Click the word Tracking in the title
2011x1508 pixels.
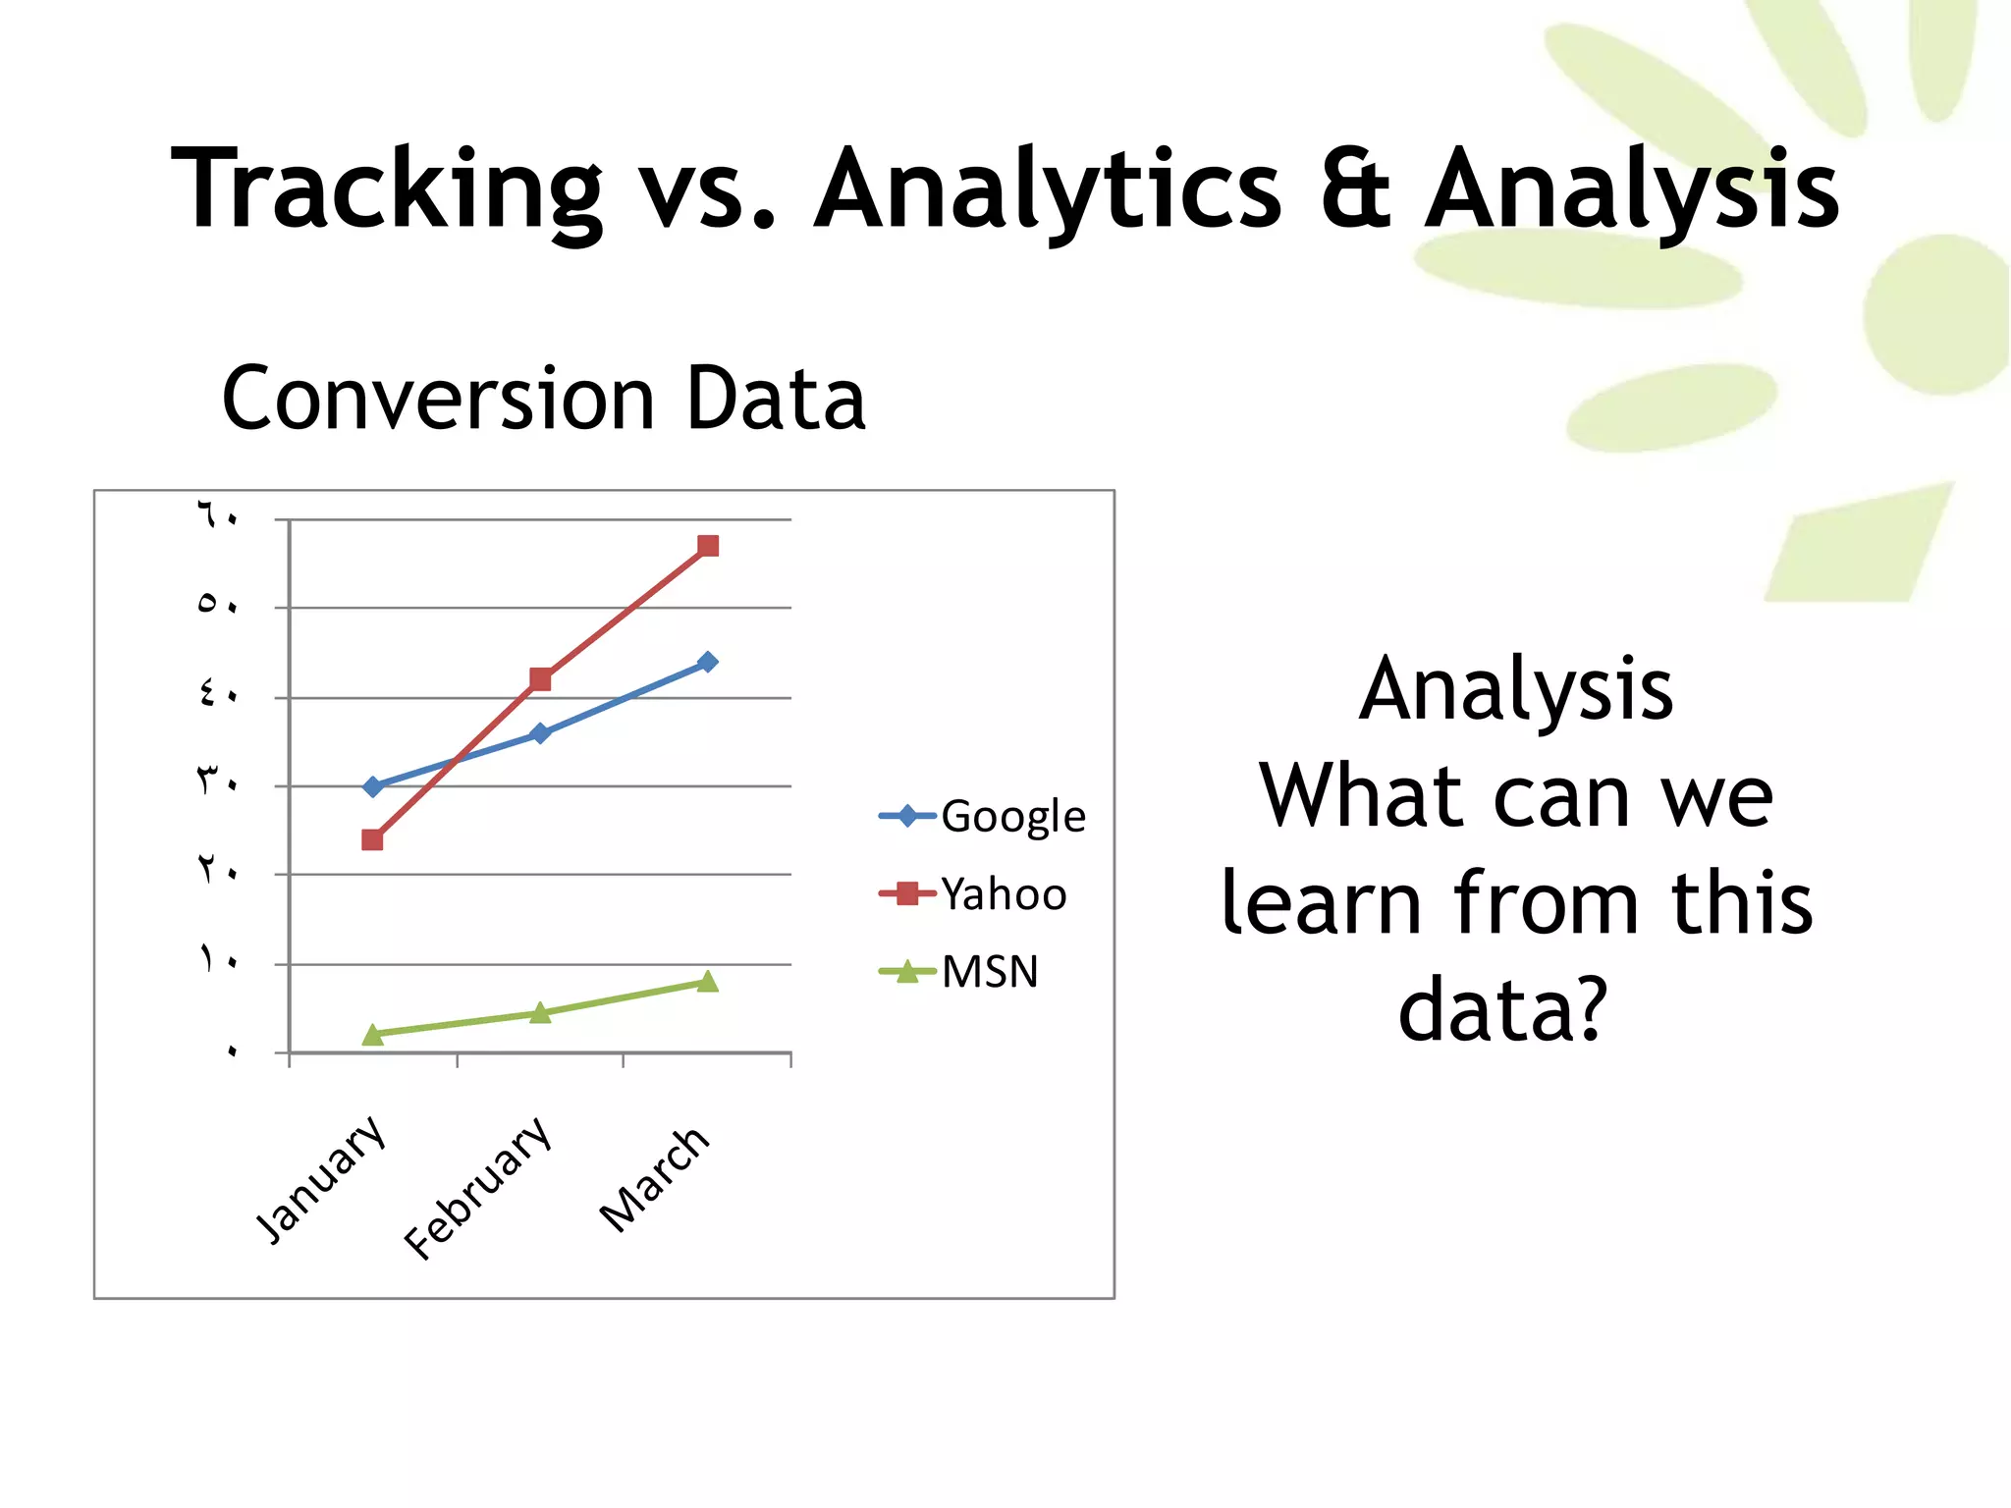tap(386, 188)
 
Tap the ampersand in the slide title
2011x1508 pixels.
tap(1355, 188)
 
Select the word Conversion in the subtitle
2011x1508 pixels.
tap(438, 399)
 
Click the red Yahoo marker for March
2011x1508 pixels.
tap(708, 546)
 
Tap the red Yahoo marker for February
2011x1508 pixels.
tap(540, 679)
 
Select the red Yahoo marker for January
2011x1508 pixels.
tap(372, 839)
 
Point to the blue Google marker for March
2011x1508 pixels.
tap(707, 662)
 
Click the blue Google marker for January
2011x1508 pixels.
tap(372, 786)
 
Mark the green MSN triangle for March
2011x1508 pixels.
tap(707, 982)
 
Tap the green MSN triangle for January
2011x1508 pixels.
tap(372, 1035)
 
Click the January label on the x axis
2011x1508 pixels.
tap(321, 1179)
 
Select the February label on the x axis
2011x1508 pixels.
tap(478, 1188)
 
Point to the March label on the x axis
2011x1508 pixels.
tap(655, 1179)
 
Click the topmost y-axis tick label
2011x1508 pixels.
tap(217, 514)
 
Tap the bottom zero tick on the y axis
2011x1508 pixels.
tap(232, 1051)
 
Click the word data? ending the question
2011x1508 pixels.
tap(1502, 1009)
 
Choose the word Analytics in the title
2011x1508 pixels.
tap(1048, 188)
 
